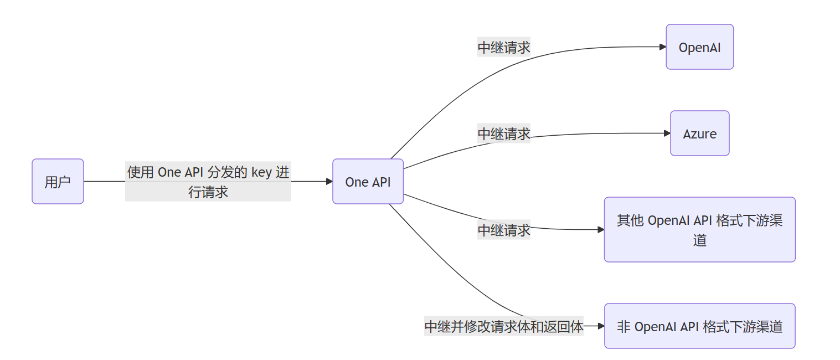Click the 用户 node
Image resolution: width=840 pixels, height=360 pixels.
58,182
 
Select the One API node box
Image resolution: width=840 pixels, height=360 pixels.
368,182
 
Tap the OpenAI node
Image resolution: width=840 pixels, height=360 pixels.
699,47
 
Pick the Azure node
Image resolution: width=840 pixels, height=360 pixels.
699,133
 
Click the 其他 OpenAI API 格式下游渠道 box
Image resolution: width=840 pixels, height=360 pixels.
699,229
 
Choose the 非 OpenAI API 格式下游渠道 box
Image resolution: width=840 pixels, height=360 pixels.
699,326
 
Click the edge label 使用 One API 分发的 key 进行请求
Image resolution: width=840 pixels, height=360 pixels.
208,182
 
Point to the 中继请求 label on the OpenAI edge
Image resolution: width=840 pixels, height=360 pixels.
504,48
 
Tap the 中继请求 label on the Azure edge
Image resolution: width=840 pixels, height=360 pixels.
504,133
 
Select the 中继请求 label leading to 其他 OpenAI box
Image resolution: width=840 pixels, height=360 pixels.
504,229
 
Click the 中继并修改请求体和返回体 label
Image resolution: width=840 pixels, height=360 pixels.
504,327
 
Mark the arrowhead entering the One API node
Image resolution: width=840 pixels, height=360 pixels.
329,182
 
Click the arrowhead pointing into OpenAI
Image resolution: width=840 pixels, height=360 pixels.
663,47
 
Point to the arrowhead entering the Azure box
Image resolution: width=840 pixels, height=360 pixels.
667,133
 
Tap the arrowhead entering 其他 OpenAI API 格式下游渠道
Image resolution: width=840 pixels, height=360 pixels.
601,229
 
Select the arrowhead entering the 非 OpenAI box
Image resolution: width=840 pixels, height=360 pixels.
601,326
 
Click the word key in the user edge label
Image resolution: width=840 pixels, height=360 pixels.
261,172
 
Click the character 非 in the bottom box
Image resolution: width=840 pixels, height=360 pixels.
623,327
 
